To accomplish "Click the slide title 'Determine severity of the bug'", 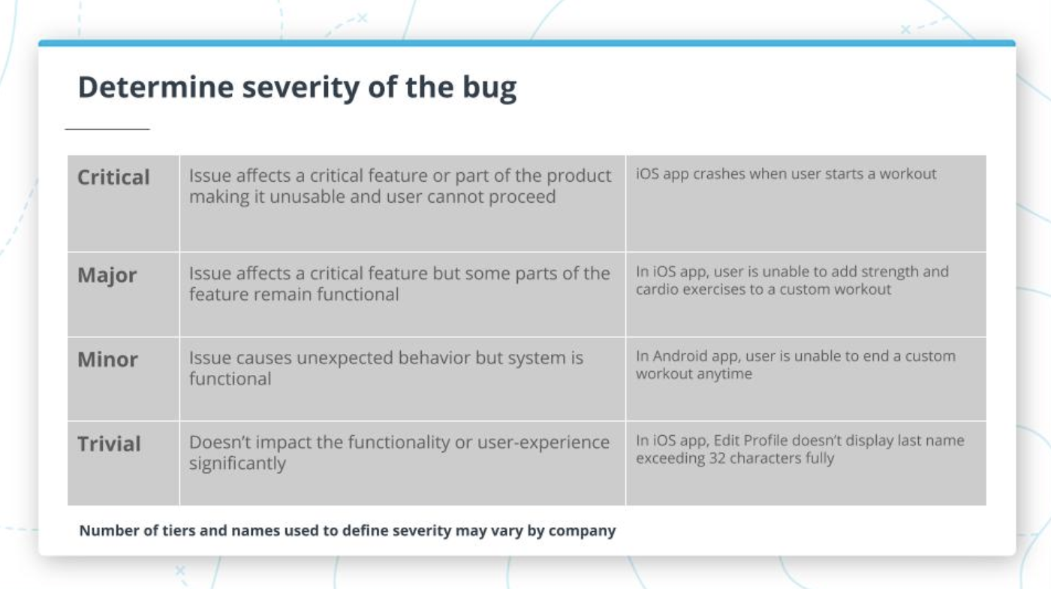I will [297, 88].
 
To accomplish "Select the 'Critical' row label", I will [114, 177].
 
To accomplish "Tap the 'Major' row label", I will [107, 275].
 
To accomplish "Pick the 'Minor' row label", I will [108, 359].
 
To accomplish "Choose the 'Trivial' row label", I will [110, 444].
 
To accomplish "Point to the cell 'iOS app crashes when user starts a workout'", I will [786, 174].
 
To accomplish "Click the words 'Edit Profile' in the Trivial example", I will [754, 440].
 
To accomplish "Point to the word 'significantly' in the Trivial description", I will [237, 464].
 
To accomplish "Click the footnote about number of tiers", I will [348, 530].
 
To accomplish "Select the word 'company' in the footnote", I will [582, 531].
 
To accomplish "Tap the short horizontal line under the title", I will [107, 129].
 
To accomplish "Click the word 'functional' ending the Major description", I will [356, 294].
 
